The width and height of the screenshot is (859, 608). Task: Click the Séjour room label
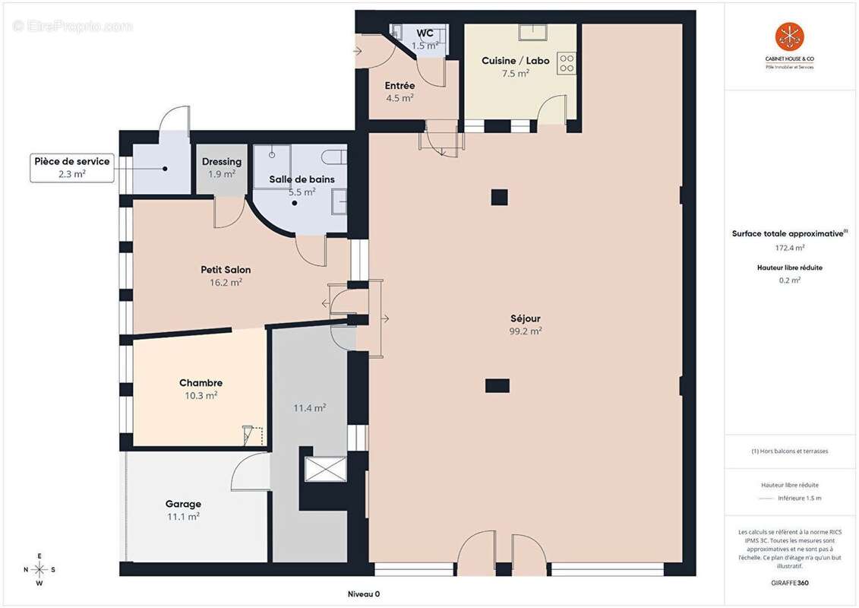coord(525,318)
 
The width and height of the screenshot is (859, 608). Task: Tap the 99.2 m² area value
coord(525,331)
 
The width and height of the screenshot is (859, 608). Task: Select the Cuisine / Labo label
coord(515,61)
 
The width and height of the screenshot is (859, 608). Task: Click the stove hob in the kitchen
coord(567,63)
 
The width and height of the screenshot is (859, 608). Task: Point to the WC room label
coord(425,33)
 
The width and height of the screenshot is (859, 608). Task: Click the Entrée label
coord(399,86)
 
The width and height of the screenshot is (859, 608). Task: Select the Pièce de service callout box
coord(72,167)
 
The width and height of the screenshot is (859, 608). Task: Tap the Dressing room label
coord(222,162)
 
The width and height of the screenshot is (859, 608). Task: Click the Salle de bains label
coord(302,179)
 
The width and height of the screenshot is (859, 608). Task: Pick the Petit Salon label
coord(226,270)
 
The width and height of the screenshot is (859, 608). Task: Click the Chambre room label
coord(201,383)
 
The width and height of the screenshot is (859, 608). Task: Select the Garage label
coord(183,504)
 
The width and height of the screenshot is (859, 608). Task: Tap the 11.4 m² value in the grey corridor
coord(309,408)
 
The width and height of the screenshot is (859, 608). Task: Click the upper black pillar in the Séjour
coord(498,197)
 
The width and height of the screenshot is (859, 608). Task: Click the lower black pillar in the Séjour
coord(497,385)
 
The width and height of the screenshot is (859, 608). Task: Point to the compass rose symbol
coord(39,569)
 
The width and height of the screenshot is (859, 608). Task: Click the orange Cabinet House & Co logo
coord(789,37)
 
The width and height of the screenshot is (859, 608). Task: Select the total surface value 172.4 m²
coord(789,248)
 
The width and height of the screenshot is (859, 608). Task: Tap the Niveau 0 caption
coord(358,594)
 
